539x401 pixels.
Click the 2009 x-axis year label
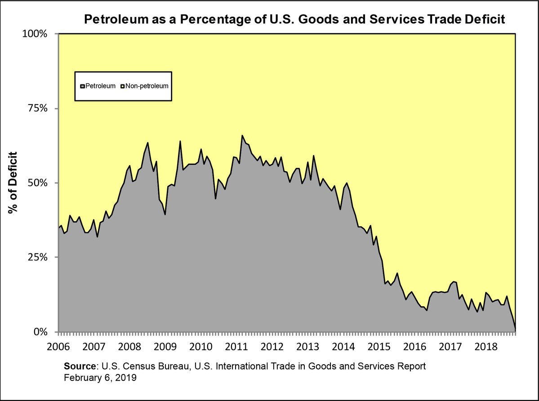pyautogui.click(x=165, y=347)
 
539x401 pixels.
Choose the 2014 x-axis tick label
pyautogui.click(x=343, y=347)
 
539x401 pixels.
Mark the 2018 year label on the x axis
pyautogui.click(x=486, y=347)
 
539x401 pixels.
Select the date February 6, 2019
pyautogui.click(x=100, y=378)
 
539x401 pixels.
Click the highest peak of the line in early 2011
pyautogui.click(x=242, y=135)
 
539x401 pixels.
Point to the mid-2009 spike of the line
pyautogui.click(x=180, y=141)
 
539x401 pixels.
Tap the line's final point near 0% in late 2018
pyautogui.click(x=515, y=330)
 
